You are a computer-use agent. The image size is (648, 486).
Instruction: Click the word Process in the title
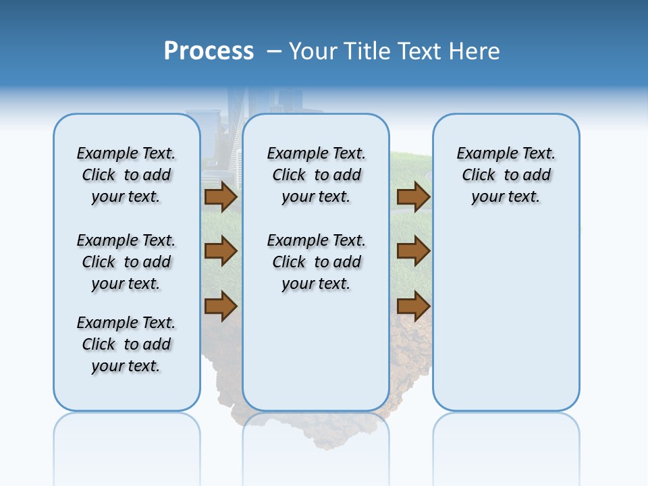209,51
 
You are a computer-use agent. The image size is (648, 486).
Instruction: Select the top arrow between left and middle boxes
221,197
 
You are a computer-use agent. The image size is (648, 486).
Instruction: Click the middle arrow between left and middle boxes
221,252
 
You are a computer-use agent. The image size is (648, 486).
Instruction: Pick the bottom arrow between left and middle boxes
221,306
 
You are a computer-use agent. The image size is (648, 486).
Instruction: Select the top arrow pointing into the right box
413,197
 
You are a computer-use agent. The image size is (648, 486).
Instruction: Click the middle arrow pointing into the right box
413,252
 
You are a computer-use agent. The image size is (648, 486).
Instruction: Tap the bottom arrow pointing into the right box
413,306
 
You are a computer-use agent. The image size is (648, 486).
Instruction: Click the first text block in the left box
126,175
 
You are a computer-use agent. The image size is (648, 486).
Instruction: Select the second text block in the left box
126,262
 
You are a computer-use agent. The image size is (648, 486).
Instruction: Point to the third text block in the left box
126,344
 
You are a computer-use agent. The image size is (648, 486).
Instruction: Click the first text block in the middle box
316,175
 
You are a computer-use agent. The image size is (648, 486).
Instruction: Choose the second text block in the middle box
316,262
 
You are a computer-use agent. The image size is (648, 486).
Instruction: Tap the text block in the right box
506,175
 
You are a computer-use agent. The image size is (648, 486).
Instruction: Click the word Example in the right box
482,154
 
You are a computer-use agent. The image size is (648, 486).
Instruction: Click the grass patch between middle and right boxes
410,169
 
